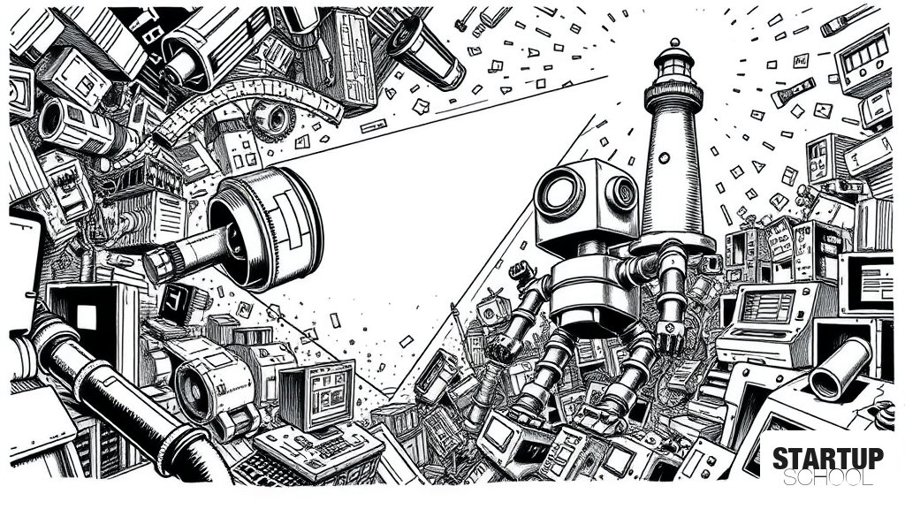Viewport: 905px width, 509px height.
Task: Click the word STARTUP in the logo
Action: [827, 459]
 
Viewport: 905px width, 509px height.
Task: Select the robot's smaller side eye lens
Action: [621, 192]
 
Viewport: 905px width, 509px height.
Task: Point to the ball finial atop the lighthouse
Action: [674, 42]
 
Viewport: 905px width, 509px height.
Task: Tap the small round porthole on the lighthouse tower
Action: [665, 157]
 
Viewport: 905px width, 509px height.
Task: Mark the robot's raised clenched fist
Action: [521, 270]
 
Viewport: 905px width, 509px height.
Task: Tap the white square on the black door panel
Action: [87, 317]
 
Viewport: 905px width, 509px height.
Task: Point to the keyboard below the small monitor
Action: [318, 448]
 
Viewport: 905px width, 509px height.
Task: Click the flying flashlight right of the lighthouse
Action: [794, 92]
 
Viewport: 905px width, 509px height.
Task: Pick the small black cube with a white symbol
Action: [177, 304]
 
